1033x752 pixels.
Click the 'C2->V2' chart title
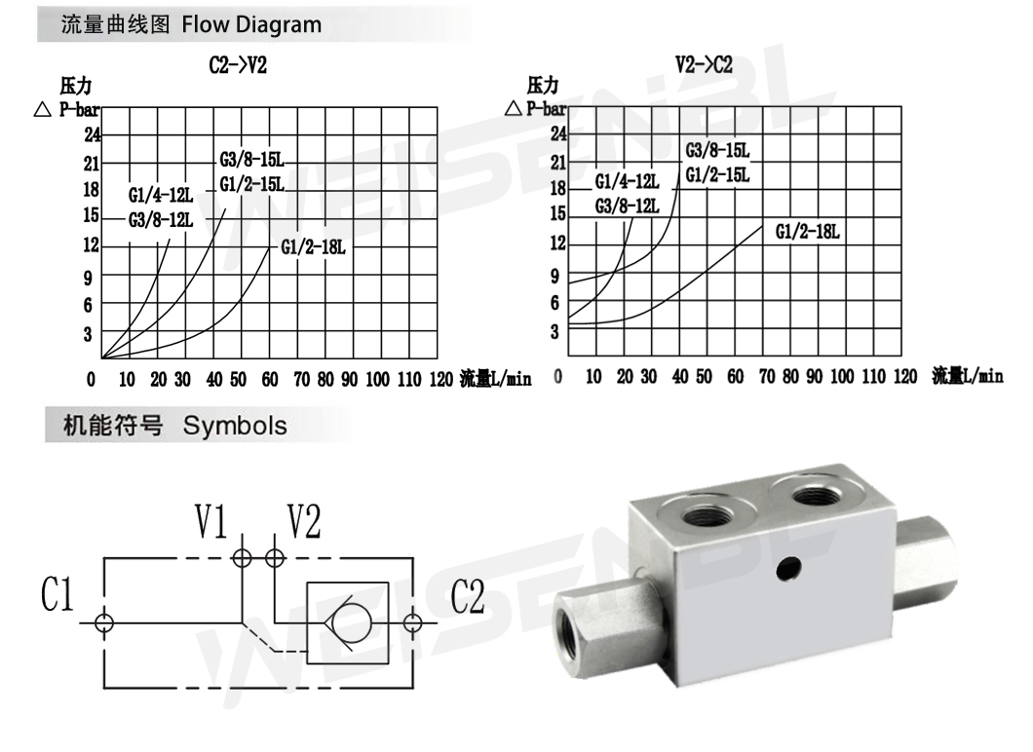click(x=239, y=66)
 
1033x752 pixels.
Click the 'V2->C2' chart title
click(x=704, y=66)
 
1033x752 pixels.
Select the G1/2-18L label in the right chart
click(x=808, y=232)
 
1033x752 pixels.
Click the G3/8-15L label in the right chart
click(x=717, y=151)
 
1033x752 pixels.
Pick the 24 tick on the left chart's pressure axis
click(x=93, y=135)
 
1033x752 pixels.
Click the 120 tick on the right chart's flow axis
click(x=904, y=377)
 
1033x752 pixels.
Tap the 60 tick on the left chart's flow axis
click(x=270, y=379)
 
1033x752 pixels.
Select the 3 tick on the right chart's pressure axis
click(x=555, y=332)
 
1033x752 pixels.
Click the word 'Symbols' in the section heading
click(x=236, y=426)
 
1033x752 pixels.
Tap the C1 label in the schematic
click(x=57, y=596)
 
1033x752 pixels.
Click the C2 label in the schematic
click(x=469, y=596)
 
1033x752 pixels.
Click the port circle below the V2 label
click(x=276, y=558)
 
